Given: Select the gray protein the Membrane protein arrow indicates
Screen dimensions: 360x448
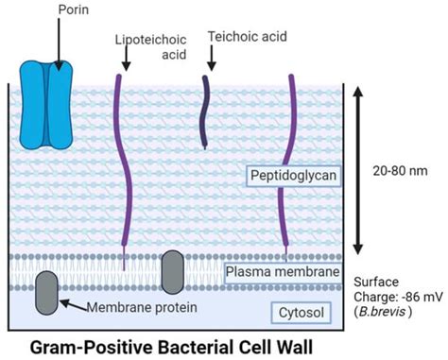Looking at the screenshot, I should pyautogui.click(x=45, y=293).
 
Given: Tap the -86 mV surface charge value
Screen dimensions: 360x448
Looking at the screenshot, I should pyautogui.click(x=413, y=294).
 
